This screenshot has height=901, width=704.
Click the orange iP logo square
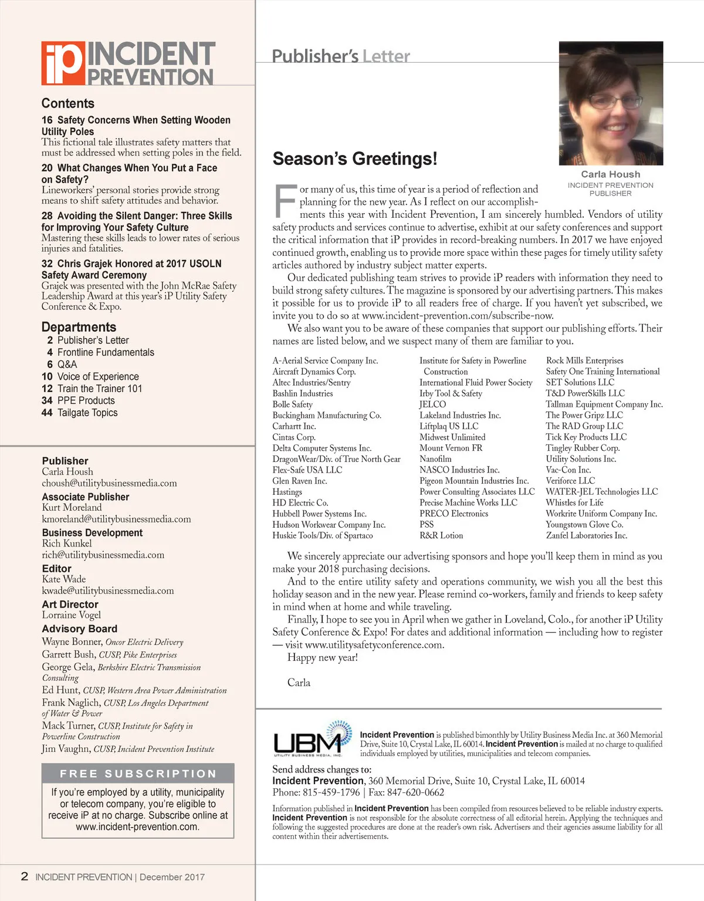pos(63,63)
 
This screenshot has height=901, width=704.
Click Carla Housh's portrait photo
pos(611,103)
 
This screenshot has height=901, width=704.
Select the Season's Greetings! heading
pos(355,159)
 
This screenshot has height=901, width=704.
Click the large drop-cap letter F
pos(285,201)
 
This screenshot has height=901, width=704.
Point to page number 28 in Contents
pos(47,216)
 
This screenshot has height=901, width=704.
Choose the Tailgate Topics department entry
pos(87,413)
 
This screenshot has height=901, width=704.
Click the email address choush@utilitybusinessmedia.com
pos(109,483)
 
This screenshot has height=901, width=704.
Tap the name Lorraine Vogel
pos(72,615)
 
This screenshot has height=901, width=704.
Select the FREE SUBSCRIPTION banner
pos(138,774)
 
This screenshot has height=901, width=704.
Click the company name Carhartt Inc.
pos(294,426)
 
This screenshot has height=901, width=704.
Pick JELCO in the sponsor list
pos(432,404)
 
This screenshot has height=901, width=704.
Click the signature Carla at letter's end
pos(299,683)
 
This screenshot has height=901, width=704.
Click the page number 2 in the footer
pos(25,876)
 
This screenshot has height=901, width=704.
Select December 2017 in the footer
pos(172,877)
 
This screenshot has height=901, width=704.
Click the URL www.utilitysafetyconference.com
pos(374,644)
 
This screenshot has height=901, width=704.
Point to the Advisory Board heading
pos(79,629)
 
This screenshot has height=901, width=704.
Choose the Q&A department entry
pos(67,365)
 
